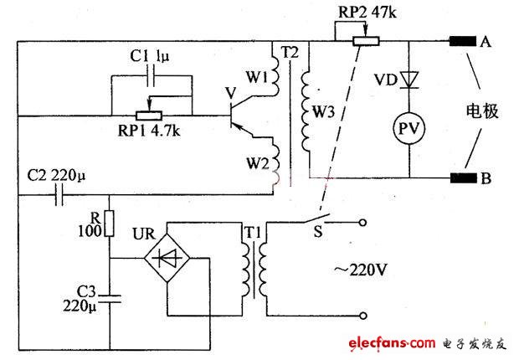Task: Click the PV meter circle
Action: [x=409, y=130]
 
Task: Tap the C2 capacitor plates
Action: [x=56, y=197]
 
